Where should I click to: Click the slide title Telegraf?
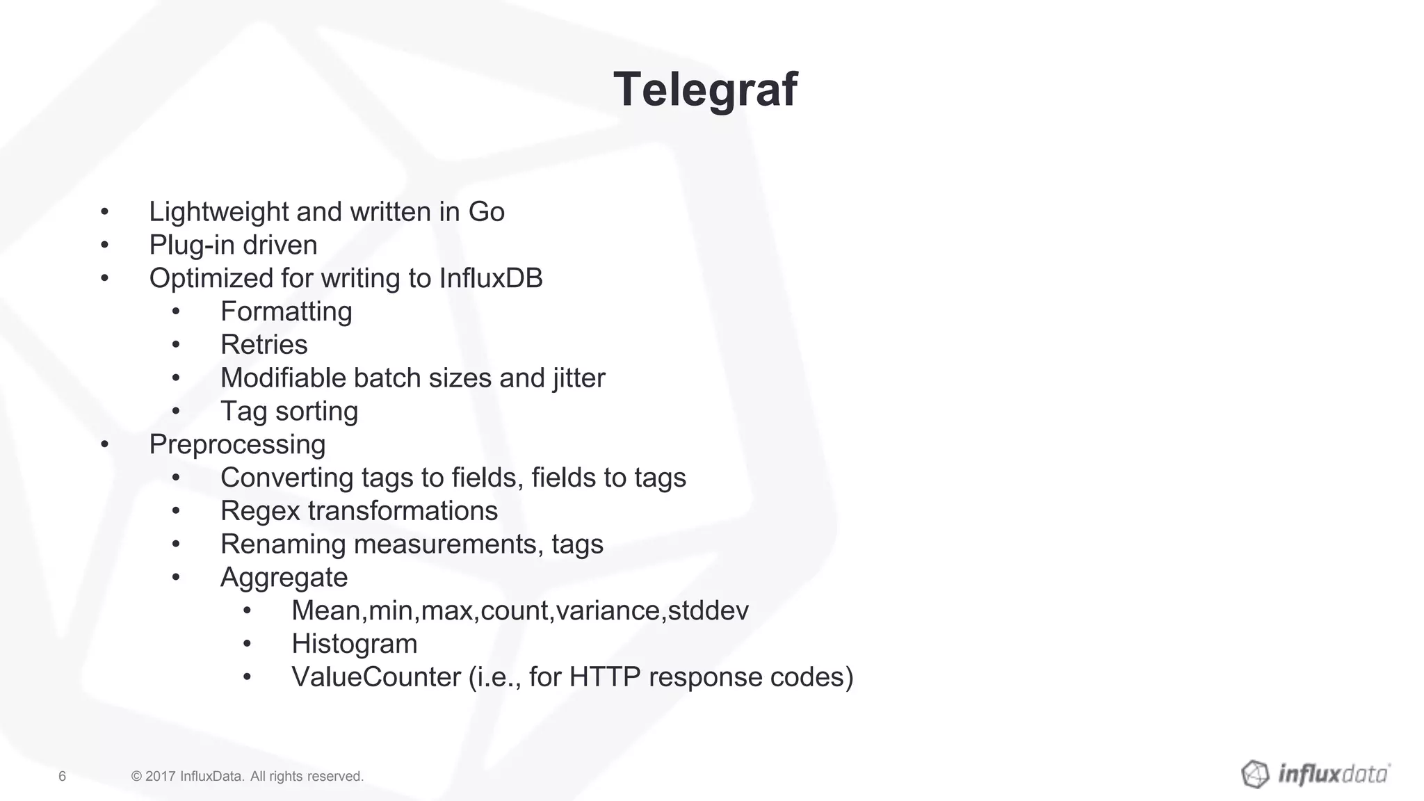point(705,90)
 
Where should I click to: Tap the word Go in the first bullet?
point(486,212)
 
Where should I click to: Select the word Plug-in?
point(182,245)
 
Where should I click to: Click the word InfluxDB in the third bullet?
point(491,278)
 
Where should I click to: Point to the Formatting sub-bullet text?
point(286,312)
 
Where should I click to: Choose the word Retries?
point(264,345)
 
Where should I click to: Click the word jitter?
point(579,378)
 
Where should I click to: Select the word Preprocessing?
point(237,445)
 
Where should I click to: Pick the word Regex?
point(260,511)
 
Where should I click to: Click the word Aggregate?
point(284,578)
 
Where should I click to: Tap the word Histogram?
point(354,644)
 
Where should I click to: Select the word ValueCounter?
point(375,677)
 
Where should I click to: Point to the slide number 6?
point(62,776)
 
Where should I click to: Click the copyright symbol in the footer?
point(136,776)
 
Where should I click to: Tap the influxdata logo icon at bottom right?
point(1255,774)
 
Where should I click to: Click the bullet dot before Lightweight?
point(104,211)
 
